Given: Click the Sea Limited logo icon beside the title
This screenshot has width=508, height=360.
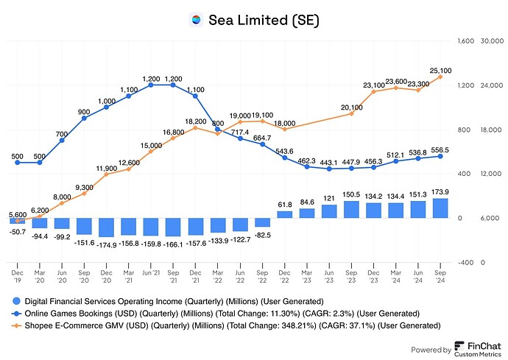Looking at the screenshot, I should click(x=195, y=20).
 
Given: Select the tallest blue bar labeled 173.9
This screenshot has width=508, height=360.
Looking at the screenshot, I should click(x=440, y=208).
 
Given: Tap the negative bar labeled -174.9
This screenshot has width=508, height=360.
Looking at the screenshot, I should click(x=106, y=227).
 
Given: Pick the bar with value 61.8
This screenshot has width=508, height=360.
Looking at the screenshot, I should click(x=284, y=214).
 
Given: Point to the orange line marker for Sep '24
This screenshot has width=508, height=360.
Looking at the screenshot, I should click(x=440, y=77).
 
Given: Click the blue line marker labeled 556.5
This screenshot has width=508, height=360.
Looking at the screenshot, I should click(x=440, y=156).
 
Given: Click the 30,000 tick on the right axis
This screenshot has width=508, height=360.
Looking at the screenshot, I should click(x=490, y=41).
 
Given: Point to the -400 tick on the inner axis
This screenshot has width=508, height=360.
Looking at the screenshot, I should click(x=465, y=262).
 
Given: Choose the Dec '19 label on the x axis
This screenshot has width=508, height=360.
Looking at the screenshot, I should click(x=17, y=274).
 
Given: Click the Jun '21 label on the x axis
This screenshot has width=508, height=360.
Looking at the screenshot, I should click(x=150, y=270).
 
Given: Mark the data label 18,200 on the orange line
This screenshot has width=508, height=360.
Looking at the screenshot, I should click(x=195, y=121).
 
